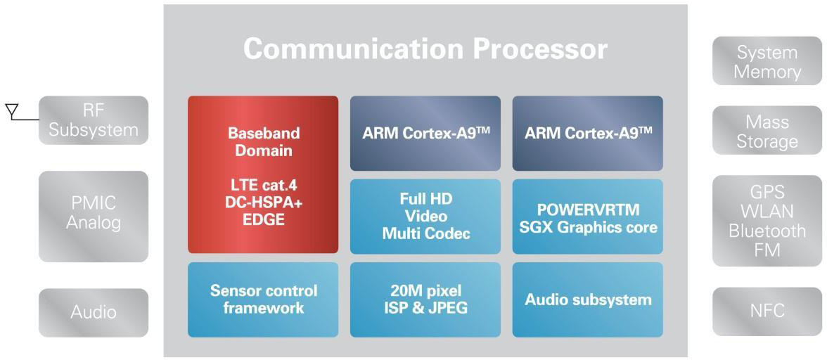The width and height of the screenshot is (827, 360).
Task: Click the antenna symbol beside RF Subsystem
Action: coord(11,110)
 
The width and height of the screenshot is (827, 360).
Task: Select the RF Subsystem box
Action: coord(94,120)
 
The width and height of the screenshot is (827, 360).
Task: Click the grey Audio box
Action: coord(94,311)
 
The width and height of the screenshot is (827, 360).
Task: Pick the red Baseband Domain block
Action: coord(263,174)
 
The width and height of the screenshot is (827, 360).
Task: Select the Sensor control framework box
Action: coord(263,300)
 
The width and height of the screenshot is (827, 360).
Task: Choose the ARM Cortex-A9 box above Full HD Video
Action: coord(425,134)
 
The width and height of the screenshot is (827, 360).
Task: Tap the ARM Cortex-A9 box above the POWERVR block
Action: coord(588,134)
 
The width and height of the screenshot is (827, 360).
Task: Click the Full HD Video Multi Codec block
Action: coord(425,216)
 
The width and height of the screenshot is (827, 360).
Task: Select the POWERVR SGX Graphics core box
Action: coord(588,217)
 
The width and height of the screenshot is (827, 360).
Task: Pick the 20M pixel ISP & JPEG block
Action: coord(425,300)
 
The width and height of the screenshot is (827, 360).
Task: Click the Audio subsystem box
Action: coord(588,300)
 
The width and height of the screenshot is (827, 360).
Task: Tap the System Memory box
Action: coord(767,62)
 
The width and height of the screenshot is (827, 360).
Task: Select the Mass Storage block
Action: coord(767,131)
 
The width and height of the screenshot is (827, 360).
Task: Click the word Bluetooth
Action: coord(767,231)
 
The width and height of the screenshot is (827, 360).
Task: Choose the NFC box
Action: coord(767,311)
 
